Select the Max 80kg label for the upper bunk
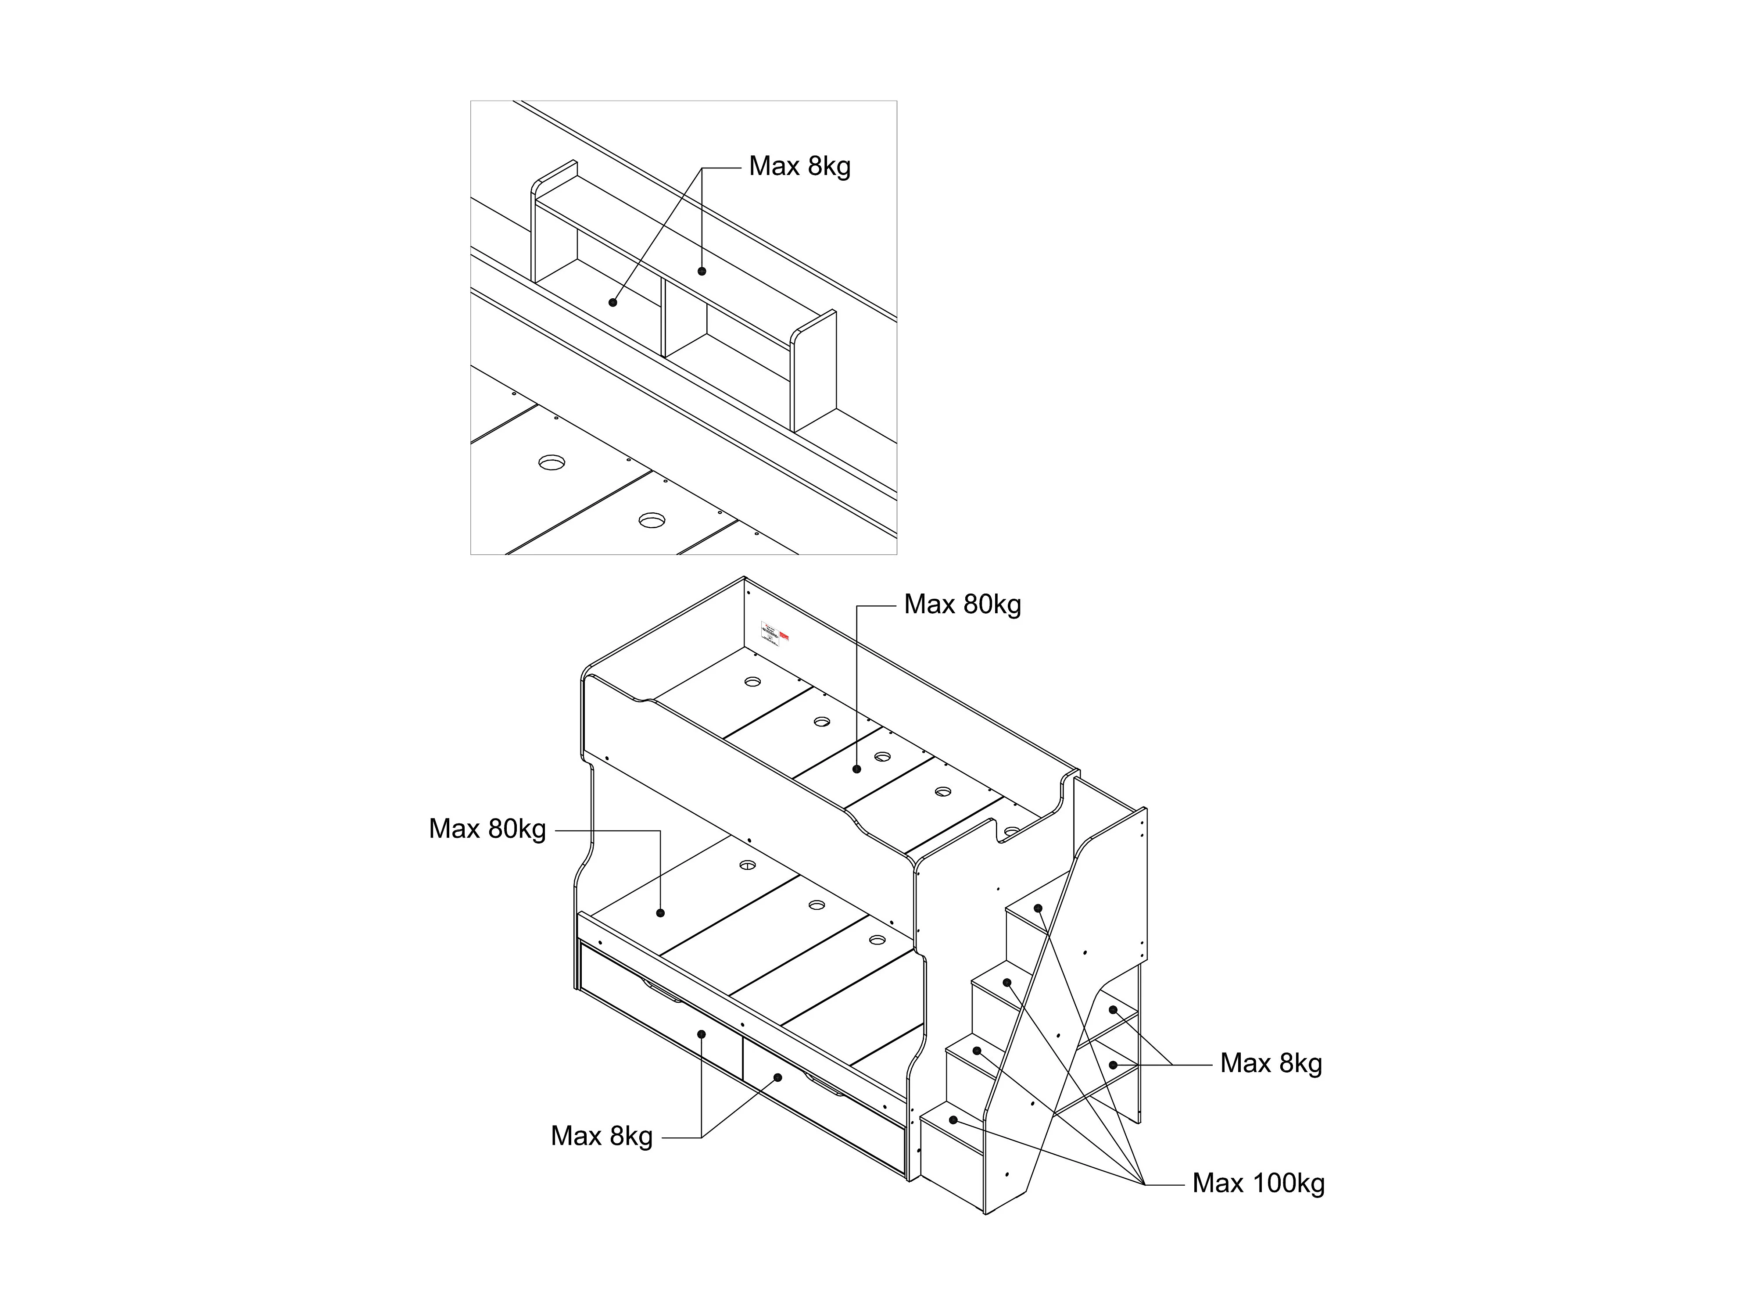click(962, 604)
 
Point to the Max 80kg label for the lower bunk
click(487, 829)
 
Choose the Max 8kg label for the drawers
click(602, 1136)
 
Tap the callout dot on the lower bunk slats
click(661, 913)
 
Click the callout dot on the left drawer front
click(702, 1033)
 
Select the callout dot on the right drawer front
click(777, 1077)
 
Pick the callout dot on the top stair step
click(1038, 908)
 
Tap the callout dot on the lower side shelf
click(1113, 1065)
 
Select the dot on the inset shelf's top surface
click(702, 271)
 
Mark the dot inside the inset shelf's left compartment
click(612, 302)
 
